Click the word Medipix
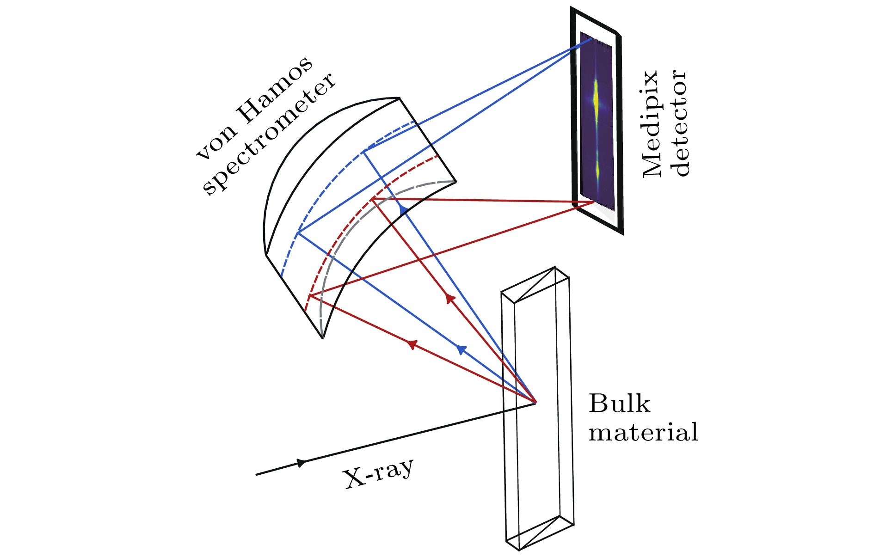(x=652, y=124)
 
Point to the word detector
(x=680, y=124)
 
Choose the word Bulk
(x=619, y=404)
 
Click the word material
(x=643, y=433)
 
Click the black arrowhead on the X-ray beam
(x=302, y=463)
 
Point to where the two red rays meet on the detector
(x=593, y=202)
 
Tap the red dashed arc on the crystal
(x=351, y=217)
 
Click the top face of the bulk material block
(x=535, y=285)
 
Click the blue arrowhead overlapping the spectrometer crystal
(x=403, y=210)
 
